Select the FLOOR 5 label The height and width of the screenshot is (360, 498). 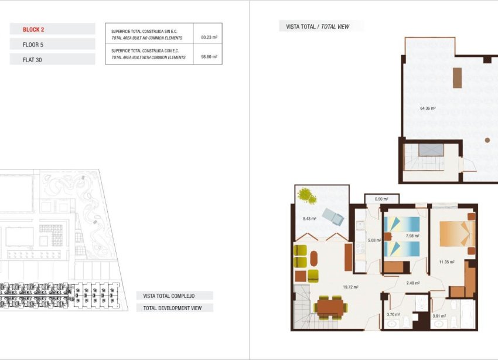coord(33,44)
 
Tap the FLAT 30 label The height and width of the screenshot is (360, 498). coord(32,59)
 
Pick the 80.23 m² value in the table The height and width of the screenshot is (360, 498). coord(209,37)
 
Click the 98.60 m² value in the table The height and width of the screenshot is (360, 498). coord(209,57)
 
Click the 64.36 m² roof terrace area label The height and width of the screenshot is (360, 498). coord(428,108)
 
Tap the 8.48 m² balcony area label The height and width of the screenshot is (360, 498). coord(309,219)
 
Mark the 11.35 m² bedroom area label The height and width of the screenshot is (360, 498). coord(448,262)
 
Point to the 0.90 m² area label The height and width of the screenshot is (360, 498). coord(381,199)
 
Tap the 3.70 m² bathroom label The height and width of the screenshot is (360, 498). coord(393,315)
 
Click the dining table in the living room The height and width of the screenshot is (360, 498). coord(330,307)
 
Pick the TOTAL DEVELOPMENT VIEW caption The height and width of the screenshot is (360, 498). coord(173,308)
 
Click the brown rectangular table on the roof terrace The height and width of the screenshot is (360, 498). coord(457,78)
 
